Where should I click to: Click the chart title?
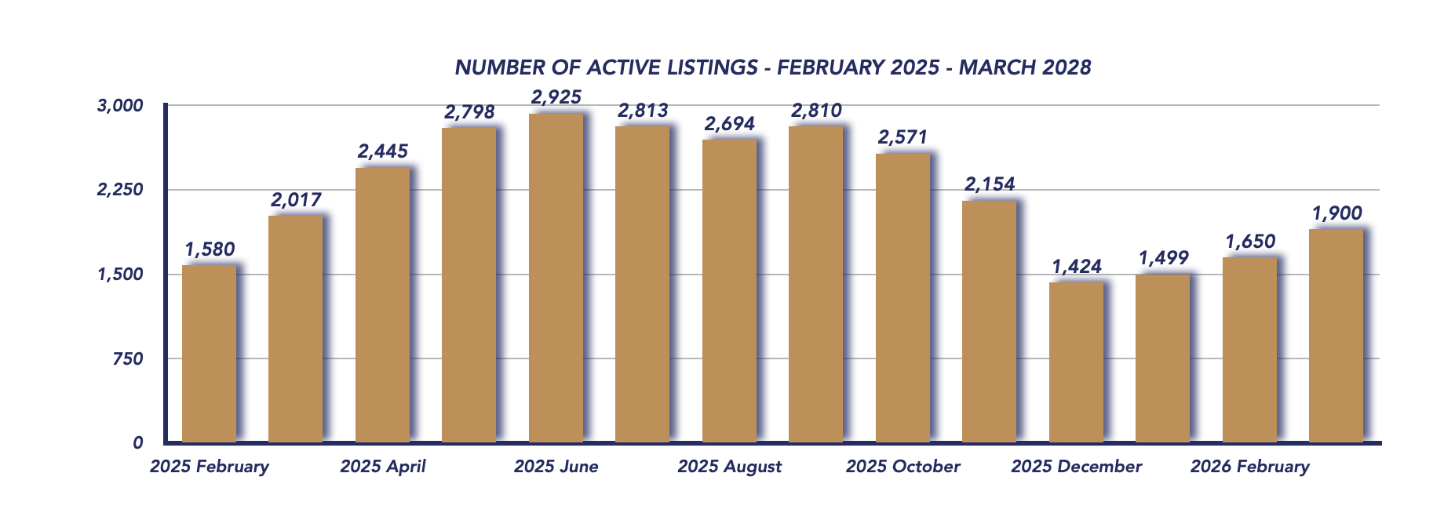click(x=772, y=67)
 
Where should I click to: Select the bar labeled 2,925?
click(x=556, y=278)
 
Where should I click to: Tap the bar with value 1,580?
click(x=209, y=354)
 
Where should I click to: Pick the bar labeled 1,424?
click(x=1076, y=362)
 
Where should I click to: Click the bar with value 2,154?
click(x=989, y=322)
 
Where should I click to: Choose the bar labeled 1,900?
click(x=1336, y=336)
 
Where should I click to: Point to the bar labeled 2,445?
click(x=382, y=305)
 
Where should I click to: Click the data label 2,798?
click(x=469, y=112)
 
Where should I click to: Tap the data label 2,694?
click(x=729, y=124)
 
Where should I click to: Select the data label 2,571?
click(x=902, y=137)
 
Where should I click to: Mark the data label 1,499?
click(x=1163, y=258)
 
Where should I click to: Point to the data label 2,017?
click(x=296, y=200)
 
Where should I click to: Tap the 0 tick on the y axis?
click(x=138, y=443)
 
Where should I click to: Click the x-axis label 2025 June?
click(x=556, y=467)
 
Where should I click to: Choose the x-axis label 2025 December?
click(x=1076, y=467)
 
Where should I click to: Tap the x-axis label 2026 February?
click(x=1249, y=467)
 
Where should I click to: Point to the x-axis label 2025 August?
click(x=729, y=467)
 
